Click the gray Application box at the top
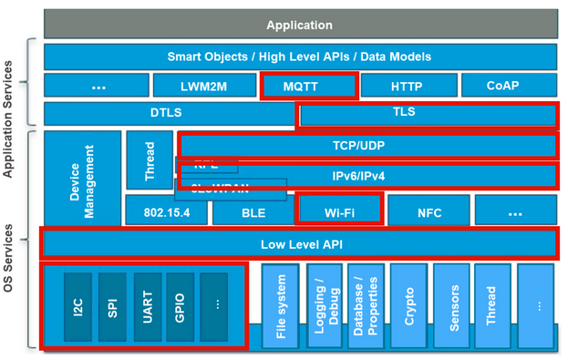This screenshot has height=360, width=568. click(x=300, y=25)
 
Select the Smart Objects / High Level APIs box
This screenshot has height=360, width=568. click(x=300, y=57)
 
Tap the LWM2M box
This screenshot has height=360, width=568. click(x=203, y=86)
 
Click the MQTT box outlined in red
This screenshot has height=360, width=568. click(x=308, y=86)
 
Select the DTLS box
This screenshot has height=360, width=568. click(x=169, y=114)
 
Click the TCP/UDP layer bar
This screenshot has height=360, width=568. click(x=368, y=146)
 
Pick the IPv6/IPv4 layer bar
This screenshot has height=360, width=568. click(x=368, y=175)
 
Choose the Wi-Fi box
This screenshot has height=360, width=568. click(x=339, y=211)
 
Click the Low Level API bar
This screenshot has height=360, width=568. click(x=300, y=244)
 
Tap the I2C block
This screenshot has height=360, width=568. click(x=78, y=307)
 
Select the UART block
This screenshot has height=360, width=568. click(x=147, y=307)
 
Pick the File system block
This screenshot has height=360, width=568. click(x=281, y=307)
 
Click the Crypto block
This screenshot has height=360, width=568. click(x=408, y=307)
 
